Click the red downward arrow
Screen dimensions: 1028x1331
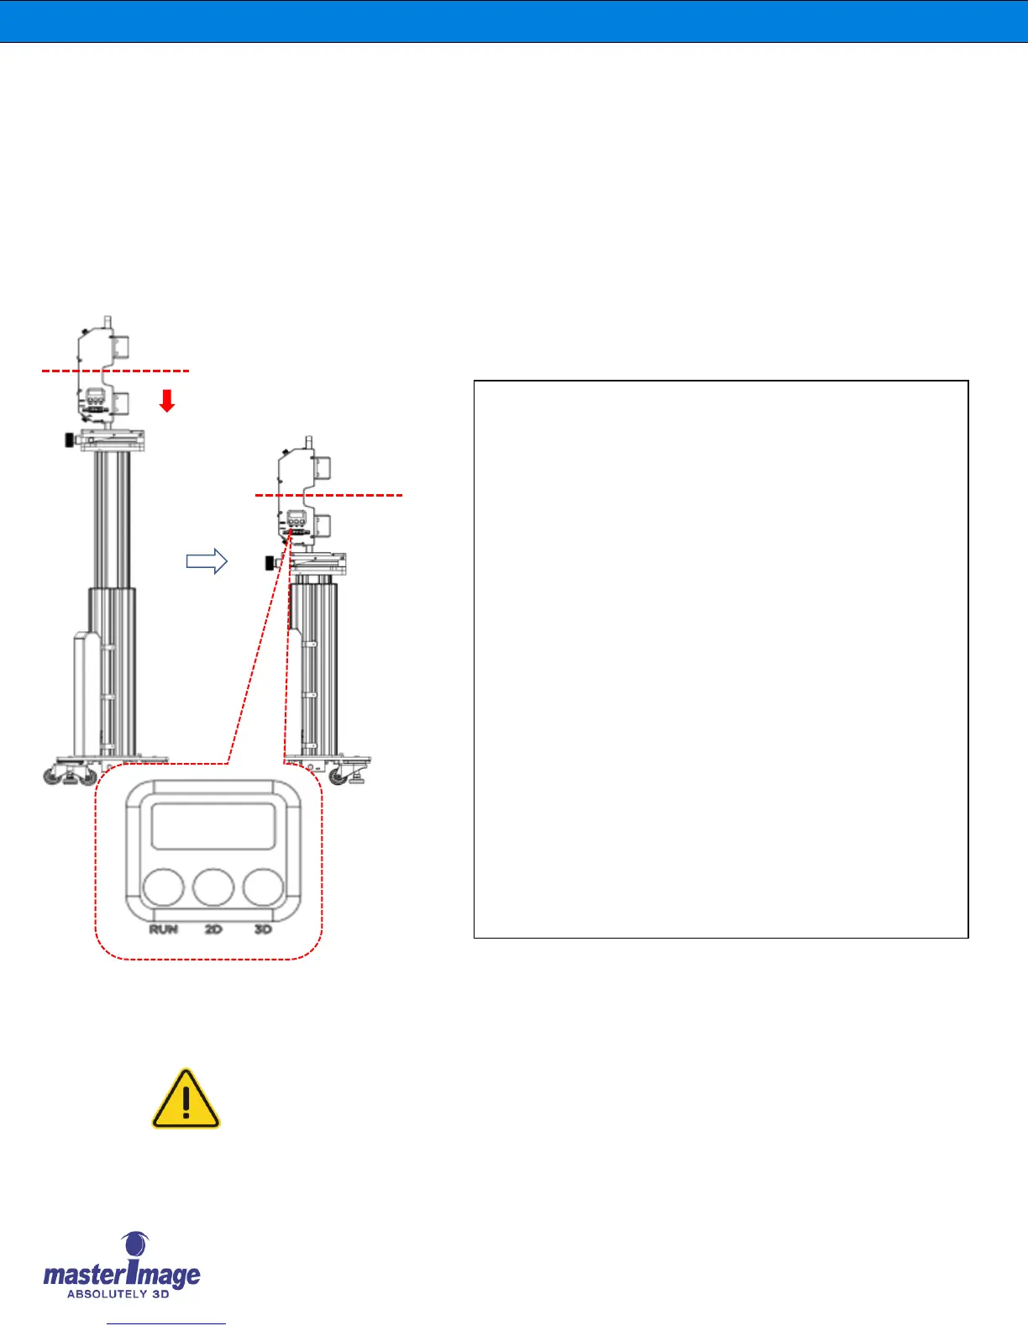(167, 401)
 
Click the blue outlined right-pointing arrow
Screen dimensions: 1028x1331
(207, 560)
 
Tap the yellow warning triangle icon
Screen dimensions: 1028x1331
(186, 1100)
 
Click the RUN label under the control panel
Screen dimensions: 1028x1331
(164, 929)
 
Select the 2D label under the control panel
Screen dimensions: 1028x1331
(213, 929)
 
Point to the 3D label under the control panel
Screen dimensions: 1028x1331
(263, 929)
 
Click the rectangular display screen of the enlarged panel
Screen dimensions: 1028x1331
(213, 825)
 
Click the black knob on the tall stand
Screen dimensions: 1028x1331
(68, 439)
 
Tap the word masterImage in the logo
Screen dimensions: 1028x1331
(122, 1275)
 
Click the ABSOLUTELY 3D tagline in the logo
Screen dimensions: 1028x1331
(118, 1294)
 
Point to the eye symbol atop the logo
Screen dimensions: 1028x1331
(134, 1244)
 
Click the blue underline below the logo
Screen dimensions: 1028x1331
(166, 1324)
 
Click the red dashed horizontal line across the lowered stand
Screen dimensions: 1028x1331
(329, 496)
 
